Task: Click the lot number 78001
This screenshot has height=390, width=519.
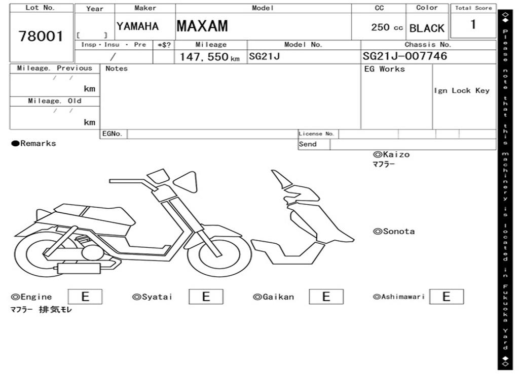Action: (x=41, y=36)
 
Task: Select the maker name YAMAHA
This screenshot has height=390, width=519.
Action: (x=137, y=26)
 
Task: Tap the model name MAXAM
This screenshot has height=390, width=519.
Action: (x=202, y=26)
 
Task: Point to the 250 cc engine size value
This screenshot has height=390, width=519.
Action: (x=387, y=27)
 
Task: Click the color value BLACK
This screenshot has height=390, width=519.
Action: (x=427, y=28)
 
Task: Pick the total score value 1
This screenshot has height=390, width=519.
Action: (x=473, y=24)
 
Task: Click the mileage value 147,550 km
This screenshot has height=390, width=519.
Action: (x=209, y=57)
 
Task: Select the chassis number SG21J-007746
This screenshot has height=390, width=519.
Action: (x=404, y=56)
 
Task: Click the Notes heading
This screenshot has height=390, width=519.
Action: (x=117, y=69)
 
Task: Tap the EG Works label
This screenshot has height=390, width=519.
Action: (x=384, y=69)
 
